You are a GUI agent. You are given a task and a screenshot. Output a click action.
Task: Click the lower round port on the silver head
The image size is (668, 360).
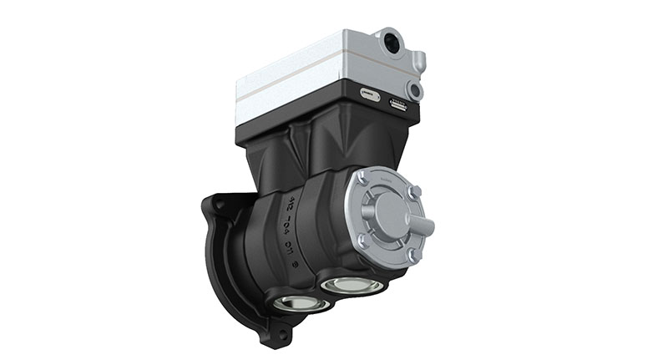point(412,89)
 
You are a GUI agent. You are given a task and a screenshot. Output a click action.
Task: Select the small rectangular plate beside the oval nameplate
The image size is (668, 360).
point(397,105)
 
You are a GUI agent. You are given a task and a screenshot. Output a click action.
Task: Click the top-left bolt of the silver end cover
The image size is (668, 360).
point(362,177)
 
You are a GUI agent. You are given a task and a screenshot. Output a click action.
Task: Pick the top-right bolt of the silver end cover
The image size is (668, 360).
point(414,193)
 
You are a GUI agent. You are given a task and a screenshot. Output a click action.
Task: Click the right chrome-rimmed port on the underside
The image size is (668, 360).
point(352,285)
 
